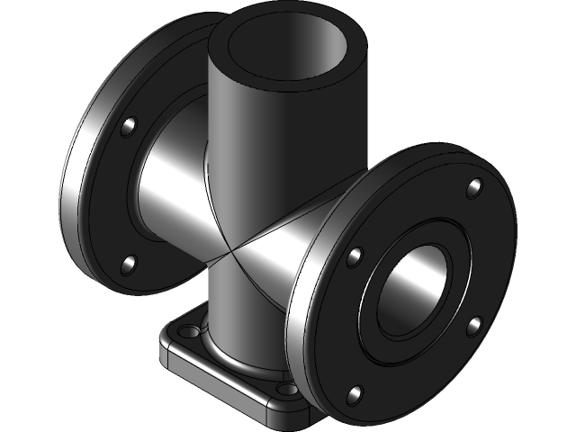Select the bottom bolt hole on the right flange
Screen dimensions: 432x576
(x=355, y=392)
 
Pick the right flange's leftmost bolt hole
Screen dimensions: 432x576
(x=355, y=258)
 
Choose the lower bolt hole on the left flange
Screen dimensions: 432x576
(x=129, y=264)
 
